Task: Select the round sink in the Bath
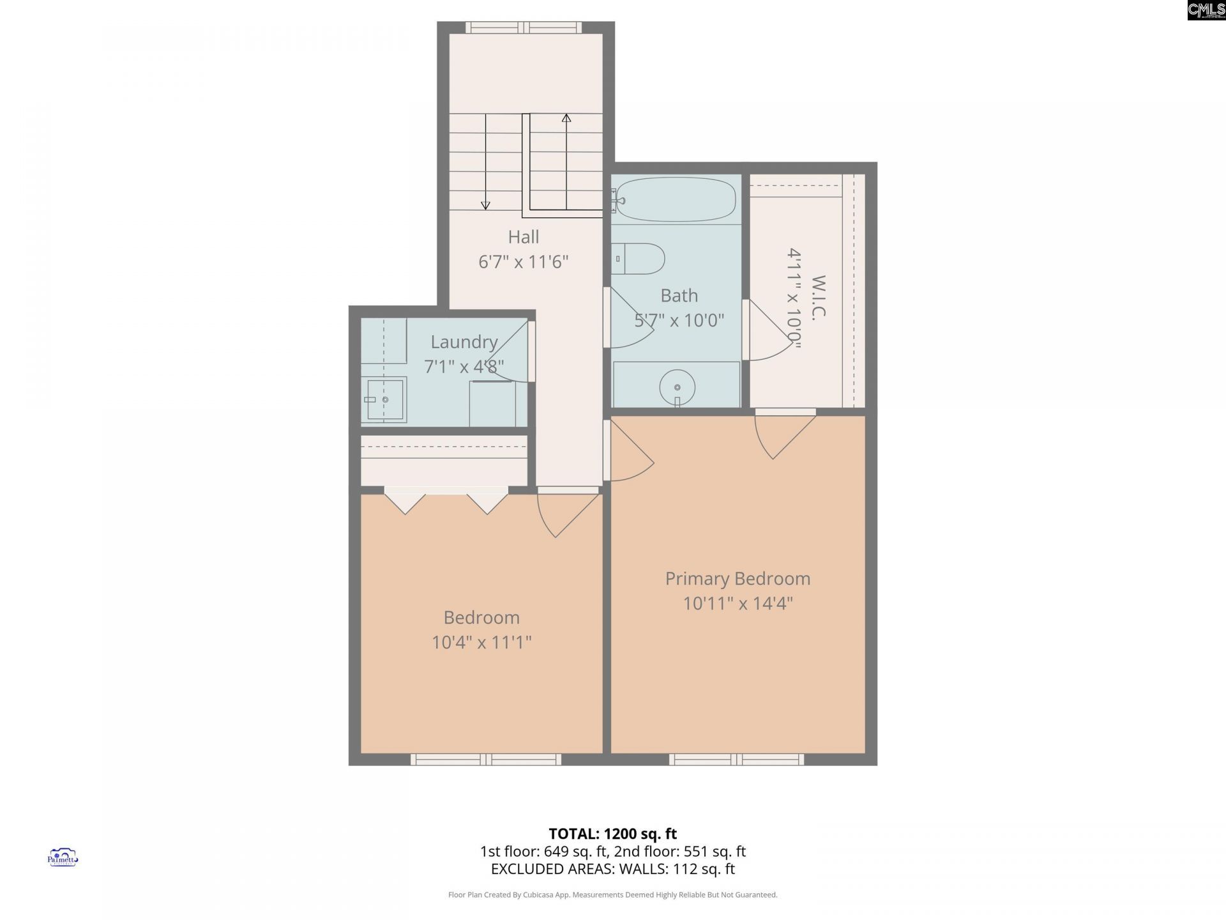[x=677, y=387]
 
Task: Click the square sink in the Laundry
[x=386, y=399]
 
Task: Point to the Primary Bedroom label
[x=738, y=578]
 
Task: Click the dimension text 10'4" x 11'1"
[x=481, y=642]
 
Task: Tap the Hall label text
[x=524, y=237]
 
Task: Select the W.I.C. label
[x=819, y=296]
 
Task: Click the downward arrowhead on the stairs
[x=485, y=205]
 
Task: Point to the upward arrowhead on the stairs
[x=566, y=118]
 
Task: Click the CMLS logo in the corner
[x=1206, y=10]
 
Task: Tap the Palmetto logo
[x=63, y=857]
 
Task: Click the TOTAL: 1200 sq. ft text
[x=612, y=834]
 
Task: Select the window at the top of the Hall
[x=524, y=27]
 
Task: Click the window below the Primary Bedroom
[x=736, y=759]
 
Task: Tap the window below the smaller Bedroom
[x=485, y=759]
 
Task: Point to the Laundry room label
[x=464, y=342]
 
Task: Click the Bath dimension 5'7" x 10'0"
[x=679, y=320]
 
